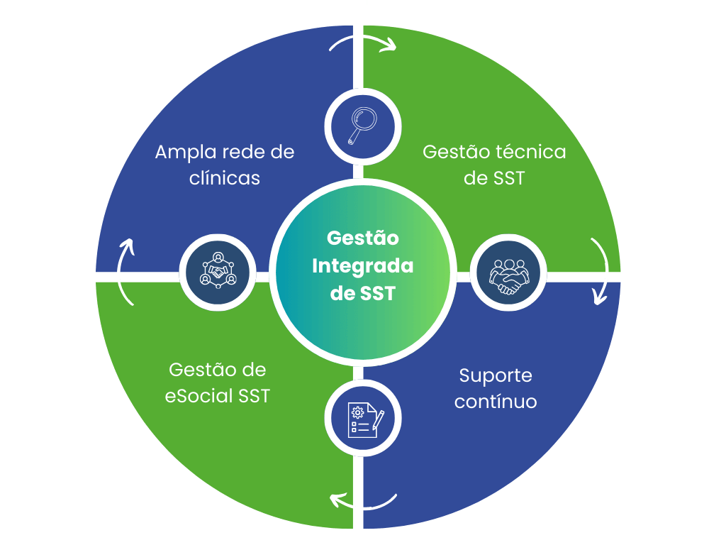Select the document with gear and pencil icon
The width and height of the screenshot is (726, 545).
coord(362,418)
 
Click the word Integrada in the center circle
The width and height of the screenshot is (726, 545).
coord(362,266)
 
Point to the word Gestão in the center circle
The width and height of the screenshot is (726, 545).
coord(362,238)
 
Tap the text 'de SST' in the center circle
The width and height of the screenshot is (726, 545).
coord(362,293)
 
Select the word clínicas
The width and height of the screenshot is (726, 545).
coord(225,177)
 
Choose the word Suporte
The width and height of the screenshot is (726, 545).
coord(496,375)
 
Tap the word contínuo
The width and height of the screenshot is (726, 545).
coord(496,402)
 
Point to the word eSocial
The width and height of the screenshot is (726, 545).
coord(199,395)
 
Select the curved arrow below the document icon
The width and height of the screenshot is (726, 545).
coord(364,502)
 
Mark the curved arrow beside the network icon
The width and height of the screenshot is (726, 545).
coord(125,272)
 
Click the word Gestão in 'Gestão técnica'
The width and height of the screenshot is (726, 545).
coord(452,152)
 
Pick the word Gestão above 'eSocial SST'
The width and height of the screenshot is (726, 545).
coord(199,370)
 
